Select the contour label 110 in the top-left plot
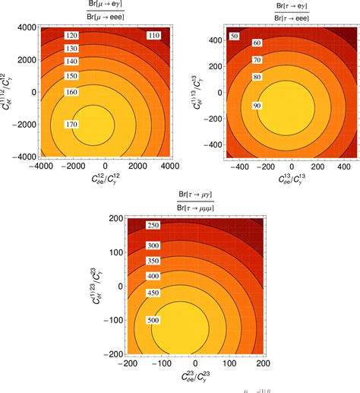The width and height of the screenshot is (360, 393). pos(153,36)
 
